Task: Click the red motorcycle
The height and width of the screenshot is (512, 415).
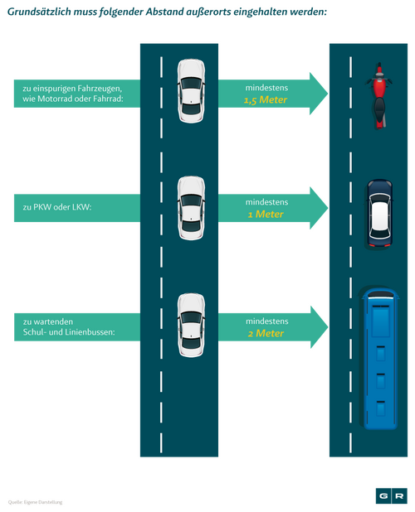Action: pyautogui.click(x=378, y=95)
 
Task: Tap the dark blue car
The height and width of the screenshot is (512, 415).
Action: pyautogui.click(x=379, y=215)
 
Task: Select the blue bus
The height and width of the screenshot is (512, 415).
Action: pyautogui.click(x=380, y=358)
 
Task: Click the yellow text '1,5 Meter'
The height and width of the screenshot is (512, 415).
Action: pyautogui.click(x=266, y=100)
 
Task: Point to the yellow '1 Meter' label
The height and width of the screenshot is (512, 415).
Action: pyautogui.click(x=266, y=215)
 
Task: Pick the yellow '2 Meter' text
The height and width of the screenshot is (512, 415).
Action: pyautogui.click(x=266, y=333)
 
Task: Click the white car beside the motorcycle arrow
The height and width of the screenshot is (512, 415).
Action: pyautogui.click(x=191, y=91)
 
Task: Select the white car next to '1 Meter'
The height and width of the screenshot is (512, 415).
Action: pyautogui.click(x=191, y=208)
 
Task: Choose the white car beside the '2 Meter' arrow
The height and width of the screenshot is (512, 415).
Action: pyautogui.click(x=191, y=325)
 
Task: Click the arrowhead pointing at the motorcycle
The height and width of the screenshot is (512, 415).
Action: pyautogui.click(x=319, y=94)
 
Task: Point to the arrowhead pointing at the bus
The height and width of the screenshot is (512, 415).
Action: pyautogui.click(x=319, y=327)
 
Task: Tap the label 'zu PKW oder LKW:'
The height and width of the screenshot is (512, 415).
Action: pyautogui.click(x=57, y=207)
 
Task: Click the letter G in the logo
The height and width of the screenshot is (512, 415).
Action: pyautogui.click(x=383, y=496)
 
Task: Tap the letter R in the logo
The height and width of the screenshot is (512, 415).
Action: pyautogui.click(x=399, y=496)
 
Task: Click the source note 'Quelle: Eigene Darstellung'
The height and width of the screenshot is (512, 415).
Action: pyautogui.click(x=36, y=502)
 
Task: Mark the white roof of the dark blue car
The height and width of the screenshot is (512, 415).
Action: pyautogui.click(x=379, y=215)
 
